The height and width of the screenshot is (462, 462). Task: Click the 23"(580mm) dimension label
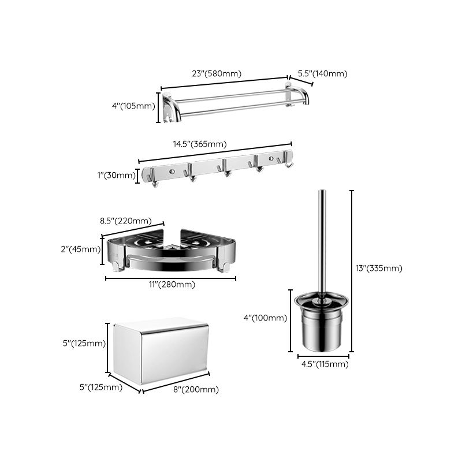coord(217,73)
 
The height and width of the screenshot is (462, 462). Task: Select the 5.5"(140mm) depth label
coord(322,73)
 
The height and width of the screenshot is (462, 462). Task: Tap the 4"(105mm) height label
coord(134,106)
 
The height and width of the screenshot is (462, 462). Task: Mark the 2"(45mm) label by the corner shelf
coord(81,249)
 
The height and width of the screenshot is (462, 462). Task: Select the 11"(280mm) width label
coord(170,284)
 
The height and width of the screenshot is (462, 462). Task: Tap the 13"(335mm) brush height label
coord(379,267)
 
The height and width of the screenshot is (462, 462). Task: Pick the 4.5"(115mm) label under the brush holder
coord(323,364)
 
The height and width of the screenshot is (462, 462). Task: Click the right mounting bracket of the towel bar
coord(295,95)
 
